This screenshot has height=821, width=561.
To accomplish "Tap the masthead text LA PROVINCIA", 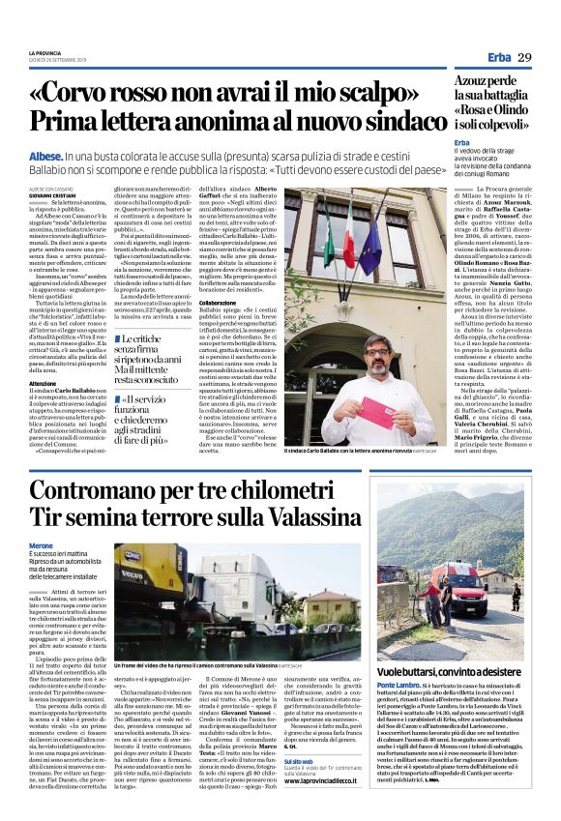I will click(x=44, y=52).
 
